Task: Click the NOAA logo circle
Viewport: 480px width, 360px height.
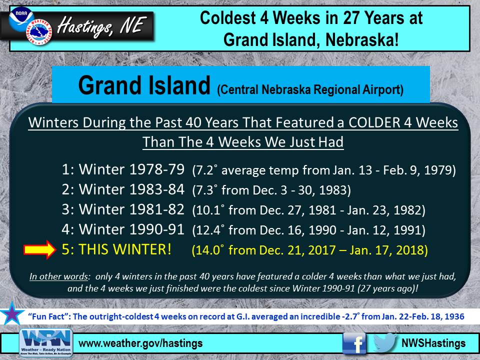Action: [21, 19]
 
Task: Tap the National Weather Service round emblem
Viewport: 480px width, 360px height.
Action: [39, 32]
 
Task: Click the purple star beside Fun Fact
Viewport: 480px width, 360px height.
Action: [11, 314]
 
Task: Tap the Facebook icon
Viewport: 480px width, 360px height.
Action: [354, 344]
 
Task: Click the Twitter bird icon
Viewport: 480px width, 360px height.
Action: [384, 343]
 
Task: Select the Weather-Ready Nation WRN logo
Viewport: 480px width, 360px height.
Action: [46, 343]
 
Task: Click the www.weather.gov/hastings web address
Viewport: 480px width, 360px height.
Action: [140, 343]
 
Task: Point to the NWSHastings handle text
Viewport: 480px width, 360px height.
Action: [433, 343]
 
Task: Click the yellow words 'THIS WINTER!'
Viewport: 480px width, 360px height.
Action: [125, 249]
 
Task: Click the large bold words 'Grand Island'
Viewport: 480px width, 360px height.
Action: [144, 85]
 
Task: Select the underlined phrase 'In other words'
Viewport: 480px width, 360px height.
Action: [58, 276]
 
